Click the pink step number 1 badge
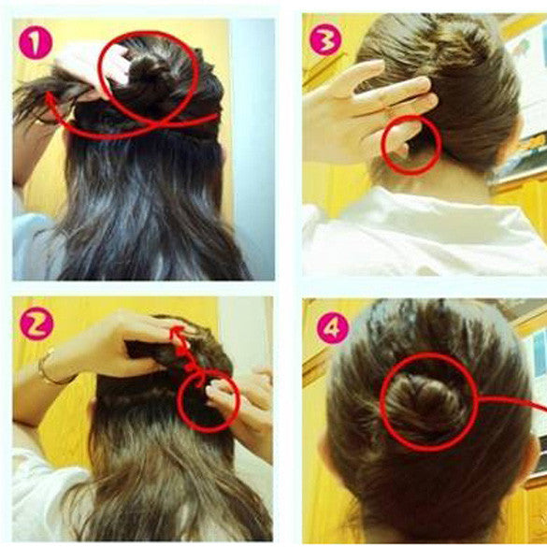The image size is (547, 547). pyautogui.click(x=36, y=42)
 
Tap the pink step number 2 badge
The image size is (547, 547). pyautogui.click(x=36, y=324)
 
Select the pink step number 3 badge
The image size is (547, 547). pyautogui.click(x=325, y=40)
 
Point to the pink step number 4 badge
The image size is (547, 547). pyautogui.click(x=333, y=327)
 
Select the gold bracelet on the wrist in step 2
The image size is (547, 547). pyautogui.click(x=52, y=370)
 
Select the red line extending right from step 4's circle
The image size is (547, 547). pyautogui.click(x=512, y=402)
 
